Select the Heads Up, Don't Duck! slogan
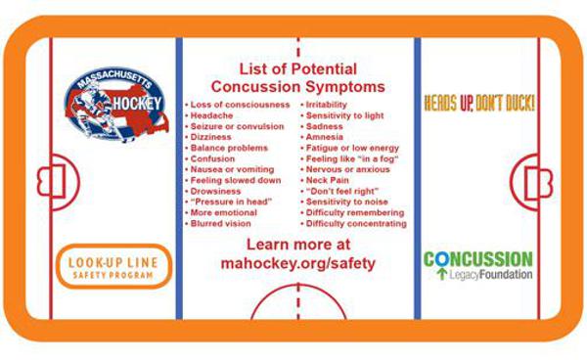479,103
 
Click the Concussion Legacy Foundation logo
478,265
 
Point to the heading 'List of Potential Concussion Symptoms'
298,77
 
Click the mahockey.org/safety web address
297,263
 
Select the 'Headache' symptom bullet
212,115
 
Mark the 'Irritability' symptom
334,104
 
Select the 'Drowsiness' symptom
218,191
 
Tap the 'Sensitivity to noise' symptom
347,202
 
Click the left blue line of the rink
179,181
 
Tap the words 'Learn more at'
297,245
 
